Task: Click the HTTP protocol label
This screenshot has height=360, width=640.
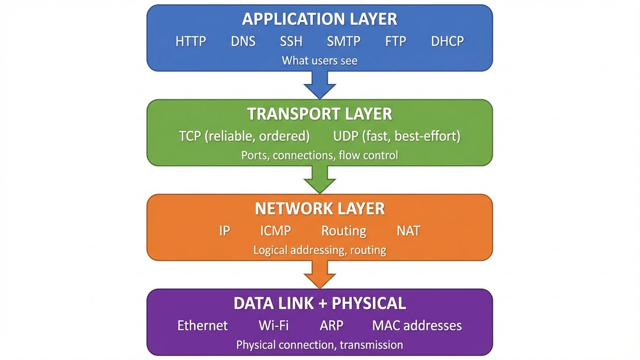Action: coord(191,41)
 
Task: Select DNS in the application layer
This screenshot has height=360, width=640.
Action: coord(243,41)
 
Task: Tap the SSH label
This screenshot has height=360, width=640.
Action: coord(291,41)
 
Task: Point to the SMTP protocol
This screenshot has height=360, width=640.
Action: coord(344,41)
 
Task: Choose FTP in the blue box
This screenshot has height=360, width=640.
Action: coord(395,41)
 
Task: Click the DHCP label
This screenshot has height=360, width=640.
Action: coord(447,41)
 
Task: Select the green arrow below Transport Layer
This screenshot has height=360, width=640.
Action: coord(320,180)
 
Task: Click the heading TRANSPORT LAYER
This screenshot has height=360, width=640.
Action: coord(320,114)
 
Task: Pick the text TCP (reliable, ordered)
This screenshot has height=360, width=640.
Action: coord(244,136)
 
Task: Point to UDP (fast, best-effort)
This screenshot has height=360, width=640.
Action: coord(397,136)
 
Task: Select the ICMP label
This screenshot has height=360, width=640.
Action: coord(276,231)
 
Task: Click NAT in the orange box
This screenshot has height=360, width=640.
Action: coord(408,231)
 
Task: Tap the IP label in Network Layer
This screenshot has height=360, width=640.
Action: coord(225,231)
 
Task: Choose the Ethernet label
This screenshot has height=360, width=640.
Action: coord(203,325)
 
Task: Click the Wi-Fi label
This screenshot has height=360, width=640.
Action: coord(274,325)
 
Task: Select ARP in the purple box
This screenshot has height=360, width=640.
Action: coord(331,325)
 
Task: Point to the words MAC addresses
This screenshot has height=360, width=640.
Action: coord(417,325)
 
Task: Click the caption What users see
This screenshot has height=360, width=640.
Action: coord(320,60)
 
